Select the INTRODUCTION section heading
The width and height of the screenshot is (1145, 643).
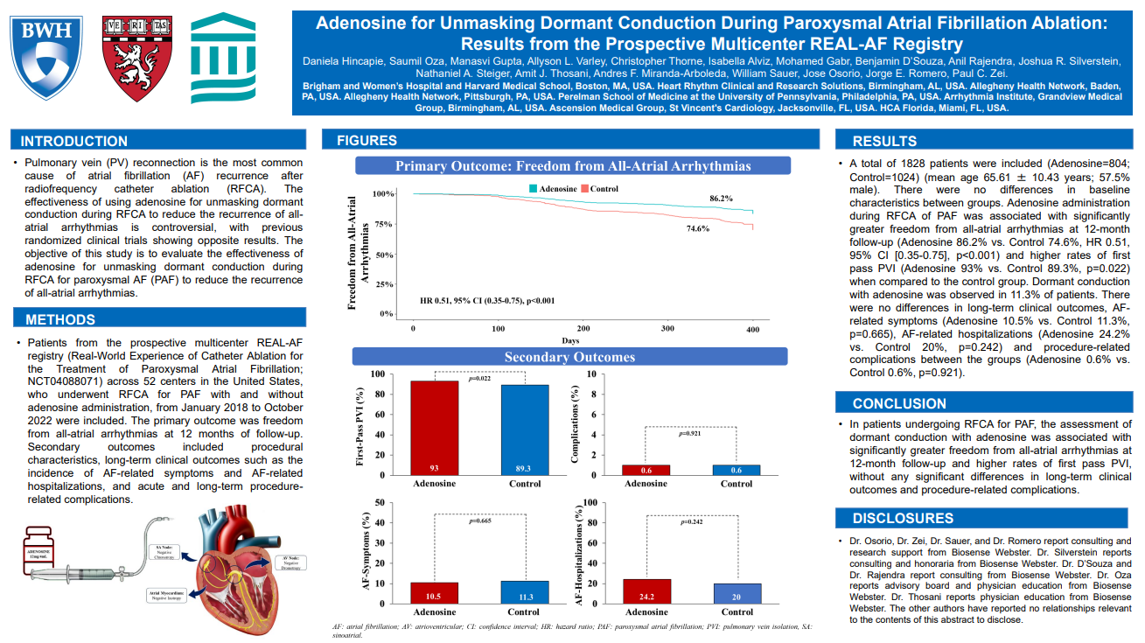pyautogui.click(x=74, y=141)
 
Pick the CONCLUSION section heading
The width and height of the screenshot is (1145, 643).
pyautogui.click(x=899, y=403)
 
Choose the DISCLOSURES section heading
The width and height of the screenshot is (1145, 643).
pyautogui.click(x=904, y=518)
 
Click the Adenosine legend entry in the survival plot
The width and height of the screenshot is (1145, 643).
pyautogui.click(x=552, y=189)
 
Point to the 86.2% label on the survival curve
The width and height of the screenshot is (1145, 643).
pyautogui.click(x=721, y=199)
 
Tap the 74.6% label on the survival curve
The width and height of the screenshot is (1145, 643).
pyautogui.click(x=697, y=228)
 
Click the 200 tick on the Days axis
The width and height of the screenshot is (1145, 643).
pyautogui.click(x=583, y=328)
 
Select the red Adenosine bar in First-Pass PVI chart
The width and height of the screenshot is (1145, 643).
pyautogui.click(x=434, y=428)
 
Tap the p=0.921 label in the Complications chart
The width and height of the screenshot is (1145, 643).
pyautogui.click(x=691, y=433)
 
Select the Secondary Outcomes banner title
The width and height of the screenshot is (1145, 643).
pyautogui.click(x=569, y=357)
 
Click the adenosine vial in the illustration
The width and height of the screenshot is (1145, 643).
pyautogui.click(x=38, y=552)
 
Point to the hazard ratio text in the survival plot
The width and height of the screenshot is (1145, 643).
pyautogui.click(x=487, y=301)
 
